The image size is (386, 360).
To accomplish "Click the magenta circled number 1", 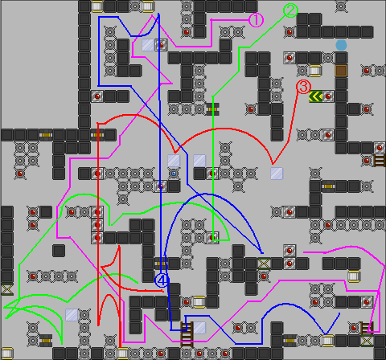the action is [x=256, y=20].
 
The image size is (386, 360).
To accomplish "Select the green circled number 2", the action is [x=290, y=10].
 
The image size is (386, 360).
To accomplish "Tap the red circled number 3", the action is [x=303, y=87].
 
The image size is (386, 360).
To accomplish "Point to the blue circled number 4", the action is [x=162, y=280].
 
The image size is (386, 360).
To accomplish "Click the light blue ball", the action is [x=341, y=45].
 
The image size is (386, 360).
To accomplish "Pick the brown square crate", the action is [x=341, y=71].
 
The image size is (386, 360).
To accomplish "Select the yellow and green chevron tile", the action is [x=315, y=96].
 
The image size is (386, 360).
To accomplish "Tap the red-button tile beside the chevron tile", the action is [x=328, y=96].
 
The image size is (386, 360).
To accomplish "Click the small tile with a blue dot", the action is [x=174, y=174].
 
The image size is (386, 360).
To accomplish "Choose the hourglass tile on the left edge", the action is [x=6, y=289].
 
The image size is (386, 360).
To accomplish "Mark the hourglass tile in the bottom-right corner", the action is [x=367, y=341].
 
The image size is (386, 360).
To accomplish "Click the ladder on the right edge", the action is [x=380, y=161].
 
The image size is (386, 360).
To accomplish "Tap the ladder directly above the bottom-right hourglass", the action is [x=367, y=328].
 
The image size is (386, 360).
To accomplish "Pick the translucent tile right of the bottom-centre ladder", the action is [x=199, y=328].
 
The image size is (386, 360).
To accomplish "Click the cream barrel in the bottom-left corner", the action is [x=6, y=354].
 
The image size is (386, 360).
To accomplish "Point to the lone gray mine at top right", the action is [x=341, y=6].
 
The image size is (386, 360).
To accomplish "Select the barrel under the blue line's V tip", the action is [x=328, y=341].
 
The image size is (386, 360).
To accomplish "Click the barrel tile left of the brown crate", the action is [x=315, y=71].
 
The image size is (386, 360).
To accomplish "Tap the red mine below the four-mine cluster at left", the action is [x=20, y=174].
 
